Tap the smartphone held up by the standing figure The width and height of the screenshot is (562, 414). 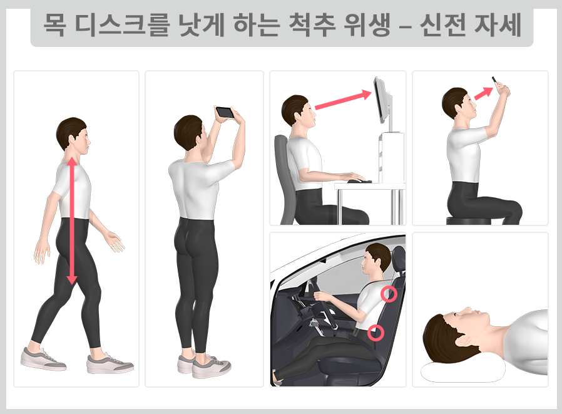(x=224, y=113)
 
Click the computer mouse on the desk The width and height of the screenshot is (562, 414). (x=355, y=181)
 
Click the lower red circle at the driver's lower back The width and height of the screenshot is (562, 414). (x=376, y=332)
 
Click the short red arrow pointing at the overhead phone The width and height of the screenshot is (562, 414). (x=481, y=93)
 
